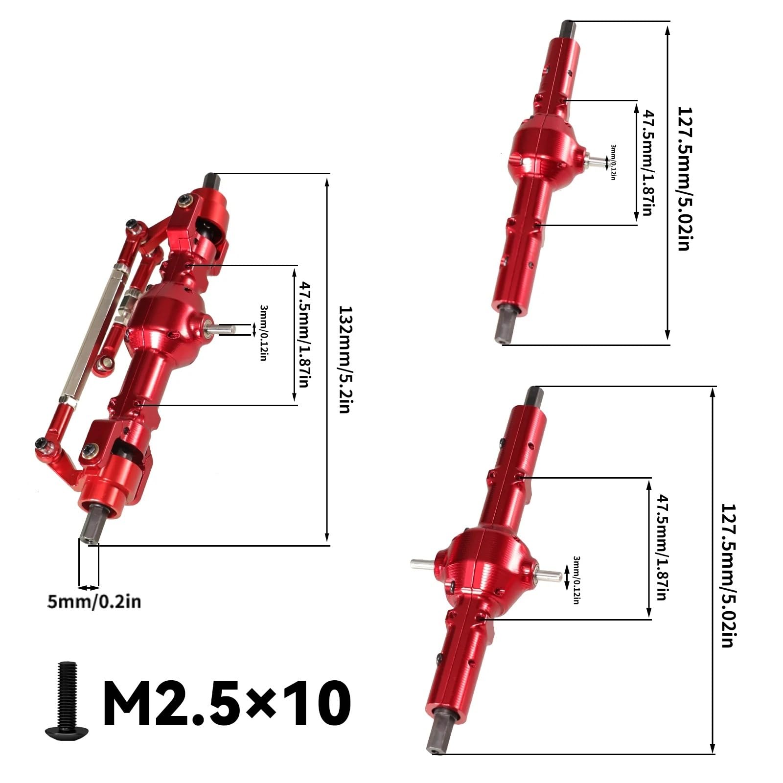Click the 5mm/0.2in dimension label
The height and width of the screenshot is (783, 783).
94,601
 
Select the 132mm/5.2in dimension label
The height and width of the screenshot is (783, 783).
345,360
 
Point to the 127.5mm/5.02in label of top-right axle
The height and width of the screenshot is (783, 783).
684,179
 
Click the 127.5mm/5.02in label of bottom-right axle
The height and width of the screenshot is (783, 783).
728,575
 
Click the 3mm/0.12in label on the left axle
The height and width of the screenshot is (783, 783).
263,333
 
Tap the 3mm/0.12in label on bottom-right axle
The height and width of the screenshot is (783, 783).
576,580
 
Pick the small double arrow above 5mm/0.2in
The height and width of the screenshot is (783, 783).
89,587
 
